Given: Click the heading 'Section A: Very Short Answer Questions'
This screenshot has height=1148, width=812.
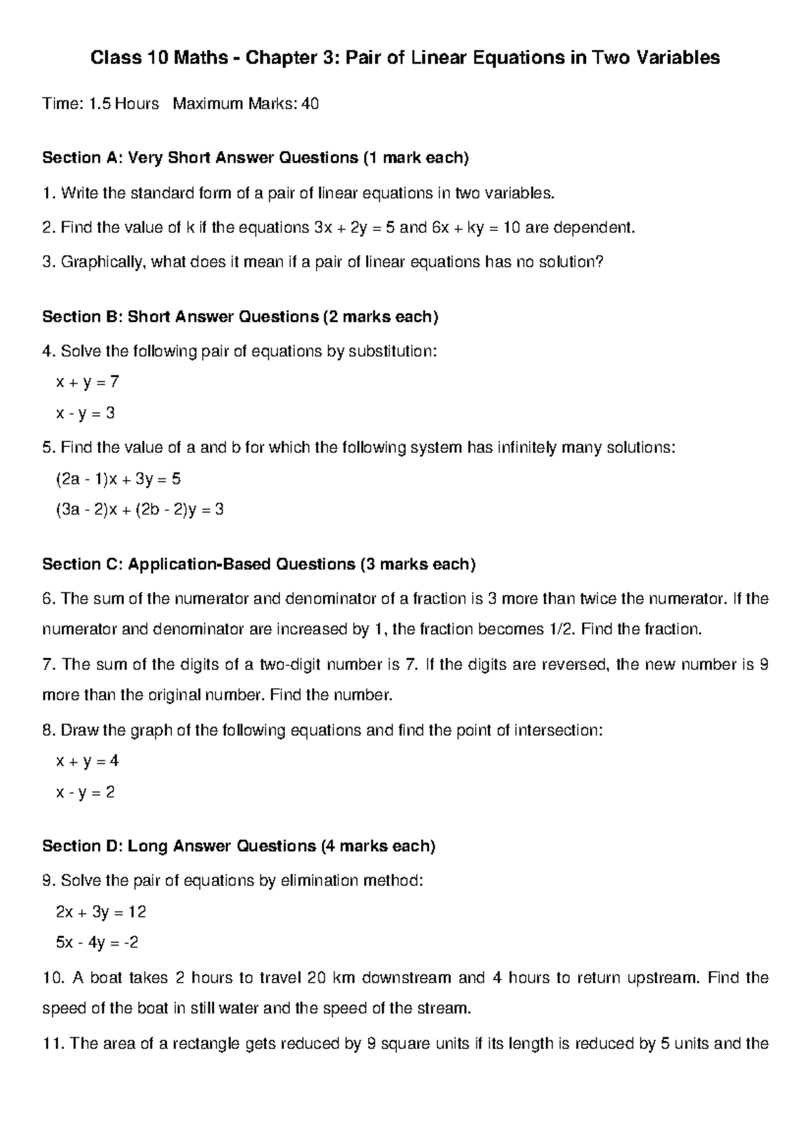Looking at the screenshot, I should pyautogui.click(x=255, y=158).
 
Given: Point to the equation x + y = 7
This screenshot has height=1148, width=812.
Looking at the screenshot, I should pyautogui.click(x=87, y=382).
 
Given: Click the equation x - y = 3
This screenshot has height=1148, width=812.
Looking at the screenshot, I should pyautogui.click(x=85, y=413).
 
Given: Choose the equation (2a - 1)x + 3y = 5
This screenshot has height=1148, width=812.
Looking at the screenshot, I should pyautogui.click(x=118, y=479).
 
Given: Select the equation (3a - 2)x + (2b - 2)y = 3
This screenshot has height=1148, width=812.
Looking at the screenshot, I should pyautogui.click(x=139, y=510).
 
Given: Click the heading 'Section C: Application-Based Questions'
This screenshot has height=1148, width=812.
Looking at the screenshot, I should pyautogui.click(x=258, y=565).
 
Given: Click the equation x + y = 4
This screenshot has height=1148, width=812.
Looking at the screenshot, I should pyautogui.click(x=87, y=761).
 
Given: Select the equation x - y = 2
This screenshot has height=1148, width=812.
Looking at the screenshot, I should pyautogui.click(x=85, y=792).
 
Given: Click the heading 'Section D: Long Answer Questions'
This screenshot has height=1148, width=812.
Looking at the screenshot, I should pyautogui.click(x=238, y=846).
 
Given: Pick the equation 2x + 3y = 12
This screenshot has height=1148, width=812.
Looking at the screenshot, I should pyautogui.click(x=101, y=912).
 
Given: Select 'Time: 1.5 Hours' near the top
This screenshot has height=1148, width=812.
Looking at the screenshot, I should pyautogui.click(x=100, y=104).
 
